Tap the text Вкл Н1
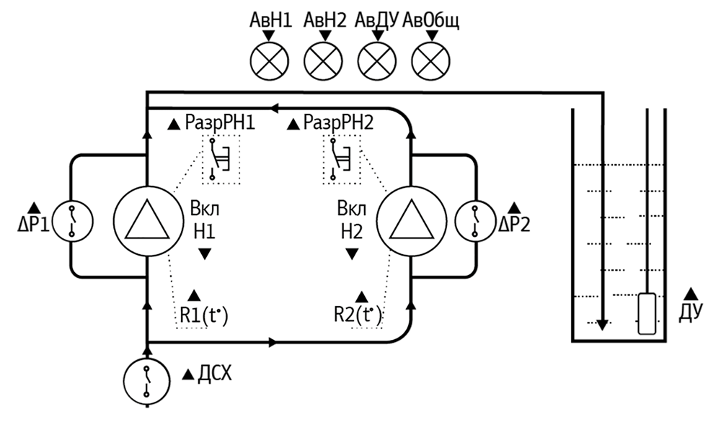204,222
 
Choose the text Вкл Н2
352,222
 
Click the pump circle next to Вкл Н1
146,220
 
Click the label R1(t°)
204,315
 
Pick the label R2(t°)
358,315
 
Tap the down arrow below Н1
205,253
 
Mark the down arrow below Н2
352,253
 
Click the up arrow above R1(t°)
194,295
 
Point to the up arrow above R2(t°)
362,295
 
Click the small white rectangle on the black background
647,313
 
